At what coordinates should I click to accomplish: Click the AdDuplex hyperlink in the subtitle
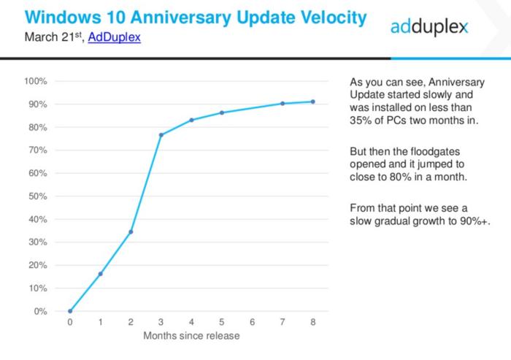click(114, 36)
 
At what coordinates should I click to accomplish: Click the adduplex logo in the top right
click(429, 28)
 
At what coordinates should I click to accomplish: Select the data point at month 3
click(161, 135)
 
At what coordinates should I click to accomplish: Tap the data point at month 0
click(70, 311)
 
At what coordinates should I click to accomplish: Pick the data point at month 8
click(313, 102)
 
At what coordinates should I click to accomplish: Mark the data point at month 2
click(131, 232)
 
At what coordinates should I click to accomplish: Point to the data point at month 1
click(100, 274)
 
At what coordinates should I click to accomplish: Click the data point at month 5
click(222, 112)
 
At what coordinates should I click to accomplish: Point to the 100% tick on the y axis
click(37, 81)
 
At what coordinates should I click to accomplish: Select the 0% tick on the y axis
click(42, 312)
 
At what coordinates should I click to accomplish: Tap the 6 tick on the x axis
click(253, 322)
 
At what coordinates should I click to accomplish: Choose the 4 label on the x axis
click(191, 322)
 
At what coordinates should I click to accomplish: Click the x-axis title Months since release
click(191, 336)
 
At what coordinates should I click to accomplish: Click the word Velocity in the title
click(323, 16)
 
